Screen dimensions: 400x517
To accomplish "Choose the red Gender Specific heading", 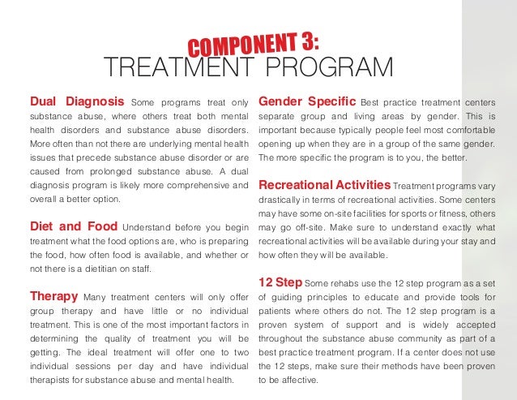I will pos(307,101).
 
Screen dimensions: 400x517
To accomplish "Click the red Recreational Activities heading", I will pos(323,185).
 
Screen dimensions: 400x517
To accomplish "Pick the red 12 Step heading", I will pos(280,282).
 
